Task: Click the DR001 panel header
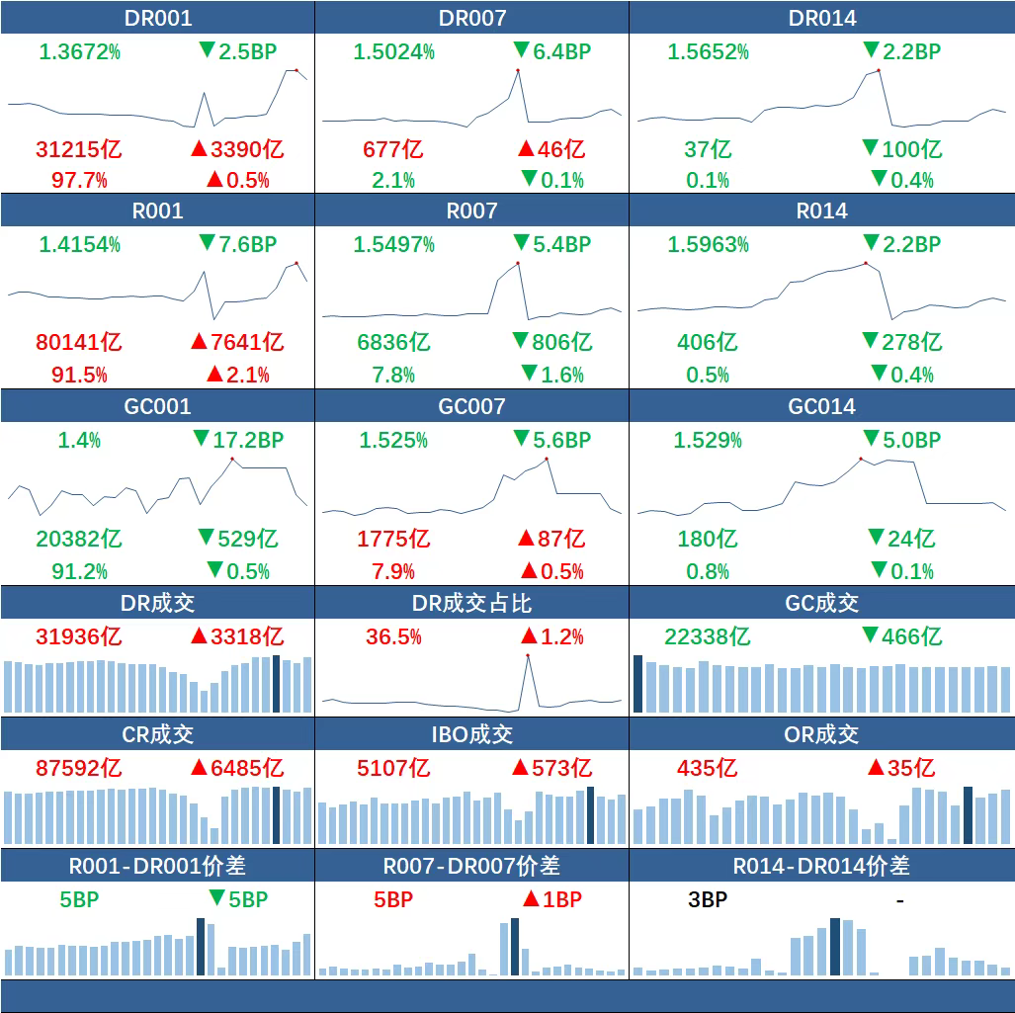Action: coord(158,18)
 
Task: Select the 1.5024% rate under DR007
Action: coord(394,51)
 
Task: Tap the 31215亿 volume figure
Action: coord(79,149)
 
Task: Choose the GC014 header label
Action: coord(822,406)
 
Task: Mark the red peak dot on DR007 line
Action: coord(517,70)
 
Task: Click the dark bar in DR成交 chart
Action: coord(277,683)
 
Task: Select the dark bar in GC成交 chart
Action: coord(637,683)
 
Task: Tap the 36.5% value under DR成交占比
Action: coord(393,636)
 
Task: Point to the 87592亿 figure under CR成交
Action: coord(79,768)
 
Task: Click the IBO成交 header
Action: coord(471,734)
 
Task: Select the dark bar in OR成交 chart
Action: coord(969,815)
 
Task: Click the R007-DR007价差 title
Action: coord(471,866)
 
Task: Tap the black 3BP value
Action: coord(708,899)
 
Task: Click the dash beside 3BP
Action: coord(899,899)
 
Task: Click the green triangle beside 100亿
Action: coord(870,148)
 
